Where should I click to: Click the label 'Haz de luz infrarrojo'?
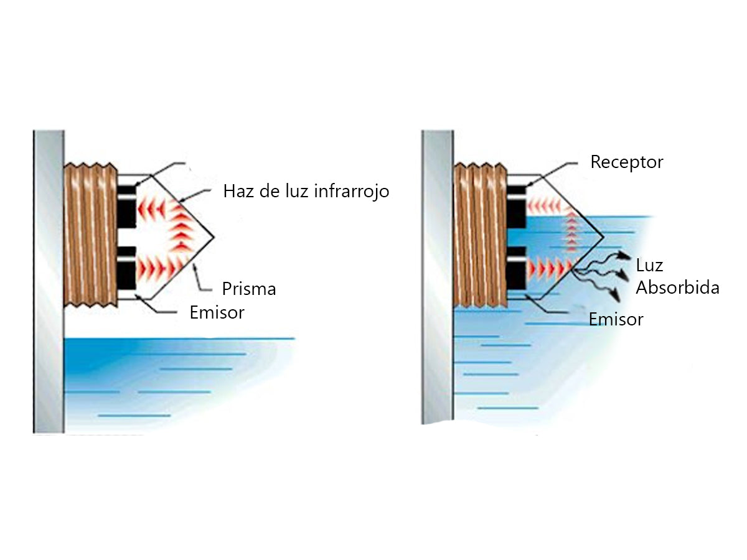click(306, 191)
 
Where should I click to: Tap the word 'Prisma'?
click(249, 289)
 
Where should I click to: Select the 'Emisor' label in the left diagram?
click(217, 312)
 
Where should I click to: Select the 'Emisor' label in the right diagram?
click(616, 320)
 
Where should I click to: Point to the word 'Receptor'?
click(627, 162)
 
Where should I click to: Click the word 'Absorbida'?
click(677, 287)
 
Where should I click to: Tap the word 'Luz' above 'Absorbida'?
click(649, 266)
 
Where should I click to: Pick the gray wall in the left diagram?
click(49, 280)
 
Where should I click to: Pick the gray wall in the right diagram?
click(438, 280)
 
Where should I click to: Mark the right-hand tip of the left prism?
click(214, 238)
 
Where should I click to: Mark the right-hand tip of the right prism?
click(602, 238)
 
